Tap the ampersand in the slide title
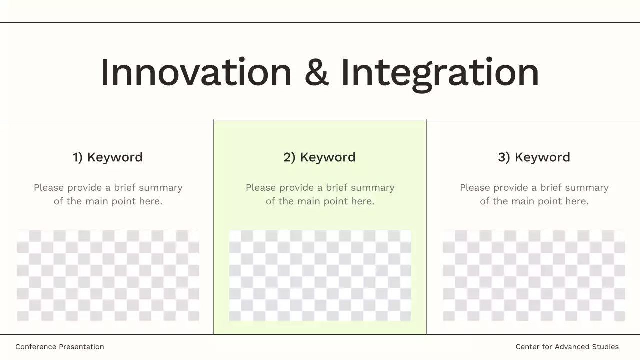point(316,73)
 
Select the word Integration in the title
point(440,74)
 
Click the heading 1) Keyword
point(108,157)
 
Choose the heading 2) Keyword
point(320,157)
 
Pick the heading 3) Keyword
point(534,157)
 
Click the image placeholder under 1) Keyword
point(108,275)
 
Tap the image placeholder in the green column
point(320,275)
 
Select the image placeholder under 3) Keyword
point(534,275)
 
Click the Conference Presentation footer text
point(60,347)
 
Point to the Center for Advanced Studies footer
point(567,347)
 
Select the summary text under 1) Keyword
point(108,194)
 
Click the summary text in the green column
point(320,194)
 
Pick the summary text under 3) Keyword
point(534,194)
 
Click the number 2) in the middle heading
point(289,157)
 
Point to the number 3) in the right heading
point(504,157)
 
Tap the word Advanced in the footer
point(571,347)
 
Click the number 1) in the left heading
point(77,157)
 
